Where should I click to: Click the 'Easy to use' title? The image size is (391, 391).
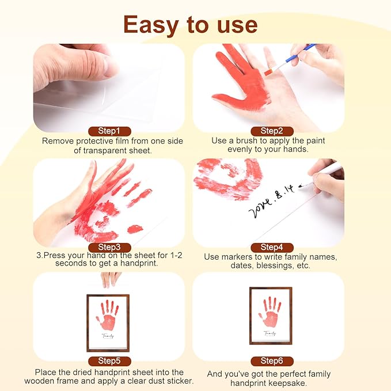(190, 24)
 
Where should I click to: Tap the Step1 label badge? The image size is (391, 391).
(109, 131)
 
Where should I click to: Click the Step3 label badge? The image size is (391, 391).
(109, 246)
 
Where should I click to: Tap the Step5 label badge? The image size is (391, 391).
(109, 361)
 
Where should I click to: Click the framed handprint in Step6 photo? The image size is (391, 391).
(271, 316)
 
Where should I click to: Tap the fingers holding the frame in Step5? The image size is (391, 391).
(110, 279)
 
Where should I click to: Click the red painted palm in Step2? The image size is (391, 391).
(245, 92)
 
